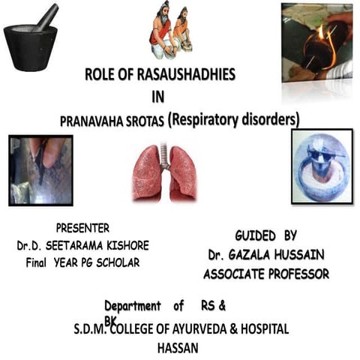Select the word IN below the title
(x=158, y=96)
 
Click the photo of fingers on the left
(x=41, y=170)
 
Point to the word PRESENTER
(x=82, y=228)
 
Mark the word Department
(x=132, y=306)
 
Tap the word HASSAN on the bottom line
(x=178, y=349)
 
